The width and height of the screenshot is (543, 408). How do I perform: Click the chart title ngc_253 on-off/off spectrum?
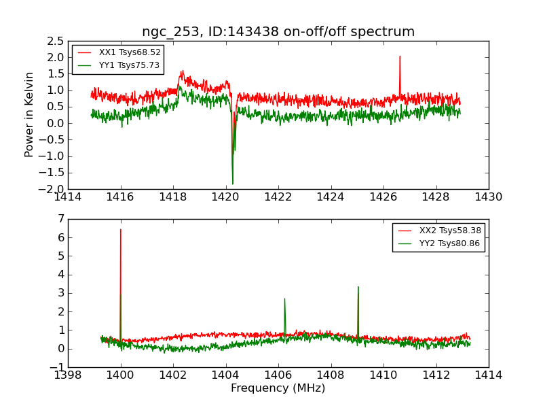tap(278, 32)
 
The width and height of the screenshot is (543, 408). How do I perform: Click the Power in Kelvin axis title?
tap(29, 114)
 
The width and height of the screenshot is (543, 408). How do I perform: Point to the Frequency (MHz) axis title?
tap(278, 388)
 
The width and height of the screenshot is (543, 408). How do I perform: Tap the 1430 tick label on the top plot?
tap(488, 197)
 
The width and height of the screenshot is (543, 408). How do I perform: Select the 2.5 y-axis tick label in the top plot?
tap(56, 41)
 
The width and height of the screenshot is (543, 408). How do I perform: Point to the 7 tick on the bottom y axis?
tap(60, 219)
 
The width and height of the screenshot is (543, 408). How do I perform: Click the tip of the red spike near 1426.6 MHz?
tap(400, 56)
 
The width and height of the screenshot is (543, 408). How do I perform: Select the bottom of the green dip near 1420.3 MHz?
tap(232, 184)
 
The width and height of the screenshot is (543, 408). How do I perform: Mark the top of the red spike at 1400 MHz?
tap(121, 229)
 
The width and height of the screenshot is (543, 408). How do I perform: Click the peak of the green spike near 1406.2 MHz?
tap(284, 299)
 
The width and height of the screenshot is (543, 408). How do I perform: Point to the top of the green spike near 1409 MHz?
tap(358, 287)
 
